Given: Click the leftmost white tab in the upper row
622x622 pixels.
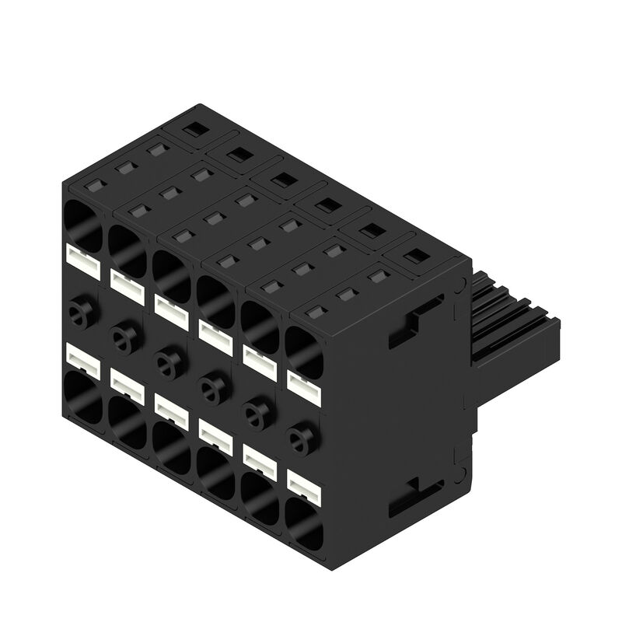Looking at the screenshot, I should coord(84,262).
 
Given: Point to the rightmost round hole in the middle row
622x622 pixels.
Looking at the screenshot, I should coord(300,439).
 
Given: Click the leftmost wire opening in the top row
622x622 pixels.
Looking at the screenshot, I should coord(82,224).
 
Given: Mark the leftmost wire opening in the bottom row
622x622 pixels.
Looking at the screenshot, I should coord(82,397).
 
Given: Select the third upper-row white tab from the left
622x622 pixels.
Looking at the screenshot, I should coord(173,311).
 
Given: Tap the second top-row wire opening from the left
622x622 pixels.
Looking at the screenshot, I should coord(126,248).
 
